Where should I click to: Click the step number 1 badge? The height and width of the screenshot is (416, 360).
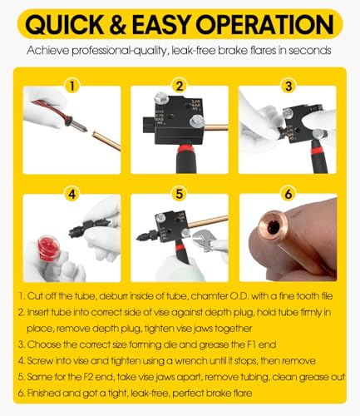(72, 87)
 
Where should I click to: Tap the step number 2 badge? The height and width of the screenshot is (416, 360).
(180, 87)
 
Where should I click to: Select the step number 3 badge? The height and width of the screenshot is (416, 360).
(288, 87)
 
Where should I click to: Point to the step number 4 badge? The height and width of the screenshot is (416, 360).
(72, 194)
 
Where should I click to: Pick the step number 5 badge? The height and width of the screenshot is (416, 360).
(180, 194)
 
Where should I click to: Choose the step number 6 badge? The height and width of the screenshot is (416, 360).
(288, 194)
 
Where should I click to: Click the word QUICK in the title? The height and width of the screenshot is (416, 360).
(65, 25)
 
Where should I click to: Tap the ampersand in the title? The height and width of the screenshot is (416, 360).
(118, 25)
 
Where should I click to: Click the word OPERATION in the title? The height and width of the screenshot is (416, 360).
(265, 25)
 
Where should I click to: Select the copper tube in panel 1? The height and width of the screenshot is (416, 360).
(106, 141)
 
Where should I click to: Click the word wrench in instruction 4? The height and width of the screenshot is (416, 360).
(191, 361)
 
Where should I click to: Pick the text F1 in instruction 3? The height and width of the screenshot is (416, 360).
(251, 344)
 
